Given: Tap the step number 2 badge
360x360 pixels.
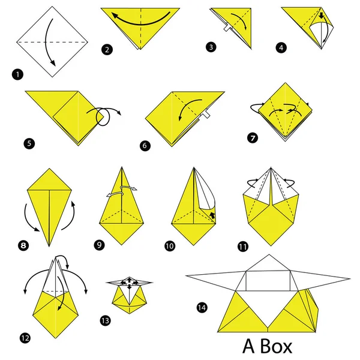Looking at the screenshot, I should pyautogui.click(x=106, y=51).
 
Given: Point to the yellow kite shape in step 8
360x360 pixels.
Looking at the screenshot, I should pyautogui.click(x=48, y=204).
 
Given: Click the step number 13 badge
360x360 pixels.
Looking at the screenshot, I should pyautogui.click(x=105, y=320).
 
